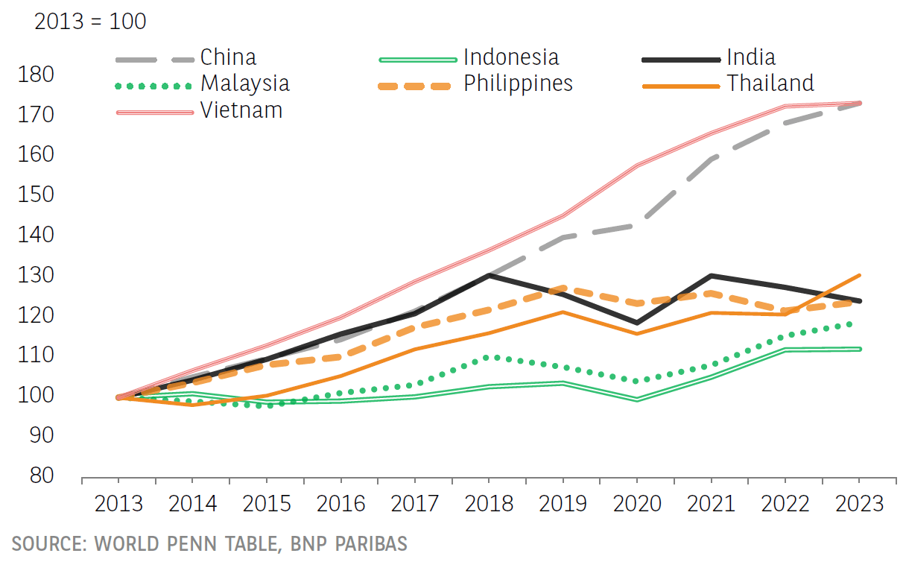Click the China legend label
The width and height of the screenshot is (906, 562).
coord(228,57)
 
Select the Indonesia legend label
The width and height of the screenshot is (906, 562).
coord(510,57)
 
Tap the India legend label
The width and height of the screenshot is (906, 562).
coord(751,57)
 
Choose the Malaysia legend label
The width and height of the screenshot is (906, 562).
coord(244,83)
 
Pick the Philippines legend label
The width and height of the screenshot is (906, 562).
coord(518,83)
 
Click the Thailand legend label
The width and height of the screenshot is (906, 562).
coord(770,83)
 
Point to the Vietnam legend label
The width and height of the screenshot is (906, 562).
coord(241,110)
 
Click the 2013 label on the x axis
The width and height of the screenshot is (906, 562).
coord(118,504)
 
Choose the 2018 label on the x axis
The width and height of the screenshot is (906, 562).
coord(490,504)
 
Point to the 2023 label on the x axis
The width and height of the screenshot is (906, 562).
coord(860,504)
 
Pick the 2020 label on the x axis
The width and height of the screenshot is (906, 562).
coord(637,504)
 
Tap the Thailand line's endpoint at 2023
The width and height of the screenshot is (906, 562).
coord(860,275)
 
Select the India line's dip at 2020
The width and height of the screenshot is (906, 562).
coord(637,323)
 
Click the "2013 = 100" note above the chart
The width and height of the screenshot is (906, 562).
coord(90,22)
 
